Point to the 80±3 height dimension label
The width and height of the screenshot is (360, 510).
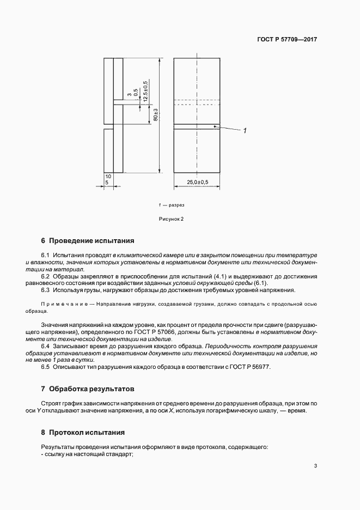pyautogui.click(x=156, y=115)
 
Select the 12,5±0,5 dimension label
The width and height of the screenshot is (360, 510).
pyautogui.click(x=145, y=90)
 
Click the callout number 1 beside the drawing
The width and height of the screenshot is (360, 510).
pyautogui.click(x=245, y=131)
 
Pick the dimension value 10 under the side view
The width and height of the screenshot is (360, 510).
pyautogui.click(x=108, y=177)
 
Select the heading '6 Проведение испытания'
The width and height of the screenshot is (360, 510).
pyautogui.click(x=87, y=240)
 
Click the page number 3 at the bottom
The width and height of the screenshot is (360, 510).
pyautogui.click(x=315, y=465)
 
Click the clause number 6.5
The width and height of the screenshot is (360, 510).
pyautogui.click(x=46, y=367)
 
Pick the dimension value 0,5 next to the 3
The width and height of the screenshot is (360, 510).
pyautogui.click(x=136, y=93)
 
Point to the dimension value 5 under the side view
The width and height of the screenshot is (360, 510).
pyautogui.click(x=107, y=184)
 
